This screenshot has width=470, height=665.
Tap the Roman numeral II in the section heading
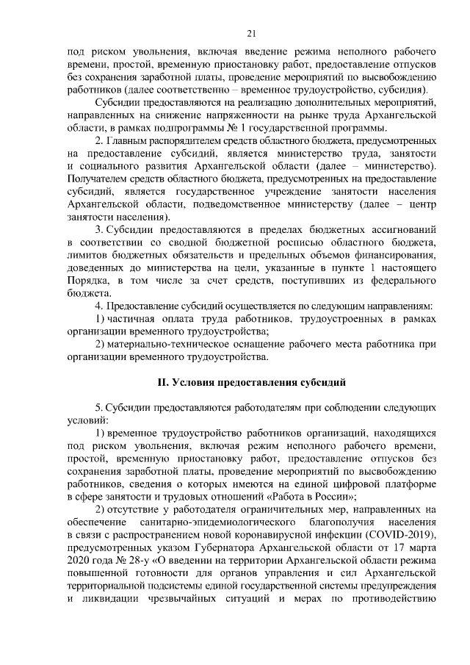[x=164, y=383]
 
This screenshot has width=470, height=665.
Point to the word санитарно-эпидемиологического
[x=209, y=520]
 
